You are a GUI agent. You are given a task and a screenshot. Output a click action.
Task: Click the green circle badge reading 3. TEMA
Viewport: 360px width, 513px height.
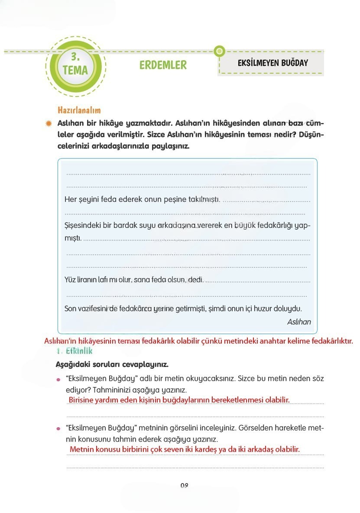75,64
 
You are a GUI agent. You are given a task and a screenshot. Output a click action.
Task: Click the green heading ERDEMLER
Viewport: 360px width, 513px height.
163,65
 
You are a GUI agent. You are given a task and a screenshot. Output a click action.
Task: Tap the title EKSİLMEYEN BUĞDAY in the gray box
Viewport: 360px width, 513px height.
272,63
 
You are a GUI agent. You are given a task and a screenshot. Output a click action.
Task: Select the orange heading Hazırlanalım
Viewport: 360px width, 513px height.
79,110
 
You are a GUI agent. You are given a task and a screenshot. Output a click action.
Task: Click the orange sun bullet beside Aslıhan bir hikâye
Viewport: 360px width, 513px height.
49,123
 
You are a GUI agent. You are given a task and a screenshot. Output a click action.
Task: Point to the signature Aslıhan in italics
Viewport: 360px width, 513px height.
298,322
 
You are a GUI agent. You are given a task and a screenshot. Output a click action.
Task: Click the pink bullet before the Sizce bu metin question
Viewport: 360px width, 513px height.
58,380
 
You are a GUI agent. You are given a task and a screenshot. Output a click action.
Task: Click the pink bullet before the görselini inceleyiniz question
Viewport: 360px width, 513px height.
58,429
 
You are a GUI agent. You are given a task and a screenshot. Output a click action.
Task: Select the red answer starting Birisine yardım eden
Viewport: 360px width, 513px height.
179,399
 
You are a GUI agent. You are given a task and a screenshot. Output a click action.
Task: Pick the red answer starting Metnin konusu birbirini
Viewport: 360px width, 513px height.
185,449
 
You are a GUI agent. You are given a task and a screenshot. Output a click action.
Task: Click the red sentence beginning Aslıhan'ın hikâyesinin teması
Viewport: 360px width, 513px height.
198,341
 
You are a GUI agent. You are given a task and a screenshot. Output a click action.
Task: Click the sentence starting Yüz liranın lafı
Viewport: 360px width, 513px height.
134,280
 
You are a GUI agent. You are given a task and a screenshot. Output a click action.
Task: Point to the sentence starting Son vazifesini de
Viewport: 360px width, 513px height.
183,309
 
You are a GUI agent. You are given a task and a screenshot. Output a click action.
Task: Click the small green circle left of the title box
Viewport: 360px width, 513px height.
220,51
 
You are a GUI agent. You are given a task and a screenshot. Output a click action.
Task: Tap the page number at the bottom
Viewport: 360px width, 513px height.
184,486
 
